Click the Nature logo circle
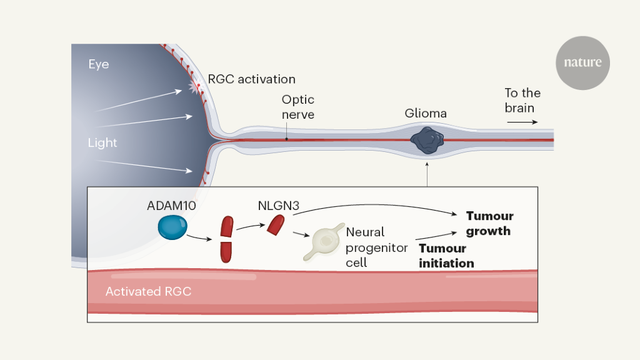point(582,62)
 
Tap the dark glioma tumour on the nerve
point(427,140)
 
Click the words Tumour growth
point(489,223)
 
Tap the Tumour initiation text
point(446,256)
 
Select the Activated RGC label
point(148,291)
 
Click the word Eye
point(98,64)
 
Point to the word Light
point(102,142)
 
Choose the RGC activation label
point(251,79)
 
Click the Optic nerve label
point(297,107)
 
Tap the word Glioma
point(426,114)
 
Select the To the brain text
point(522,100)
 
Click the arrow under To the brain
point(522,122)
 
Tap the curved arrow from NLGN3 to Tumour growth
point(375,207)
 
